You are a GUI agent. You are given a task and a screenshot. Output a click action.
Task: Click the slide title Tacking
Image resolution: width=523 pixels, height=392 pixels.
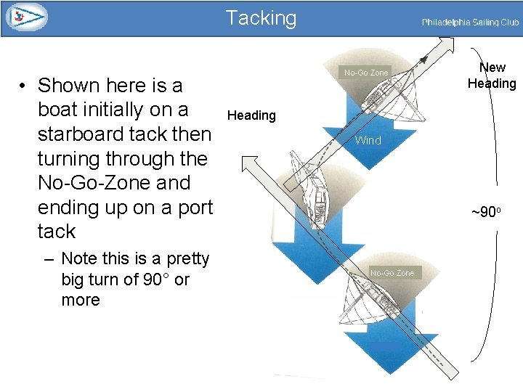coord(261,17)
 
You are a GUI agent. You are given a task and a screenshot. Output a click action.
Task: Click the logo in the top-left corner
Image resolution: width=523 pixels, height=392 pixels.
coord(26,17)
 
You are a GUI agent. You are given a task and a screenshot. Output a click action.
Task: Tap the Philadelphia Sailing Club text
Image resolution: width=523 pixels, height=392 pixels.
coord(470,23)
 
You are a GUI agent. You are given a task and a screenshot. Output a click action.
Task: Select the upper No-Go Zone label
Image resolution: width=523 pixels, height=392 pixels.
coord(366,73)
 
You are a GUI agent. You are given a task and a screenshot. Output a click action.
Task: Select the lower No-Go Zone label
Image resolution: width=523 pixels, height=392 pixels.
coord(392,273)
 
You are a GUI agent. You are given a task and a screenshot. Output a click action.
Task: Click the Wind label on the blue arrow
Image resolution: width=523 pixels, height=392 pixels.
coord(368,140)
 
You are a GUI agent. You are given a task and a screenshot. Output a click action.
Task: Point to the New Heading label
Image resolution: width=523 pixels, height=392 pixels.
coord(492,75)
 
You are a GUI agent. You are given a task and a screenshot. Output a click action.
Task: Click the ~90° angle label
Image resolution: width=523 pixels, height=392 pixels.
coord(486,212)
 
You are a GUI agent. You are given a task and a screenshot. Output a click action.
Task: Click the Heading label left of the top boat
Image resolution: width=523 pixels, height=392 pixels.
coord(251,115)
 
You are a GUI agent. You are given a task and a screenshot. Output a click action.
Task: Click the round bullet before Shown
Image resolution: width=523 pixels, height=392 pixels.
coord(24,86)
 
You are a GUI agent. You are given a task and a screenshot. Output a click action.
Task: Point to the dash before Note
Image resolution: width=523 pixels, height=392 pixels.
coord(50,259)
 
